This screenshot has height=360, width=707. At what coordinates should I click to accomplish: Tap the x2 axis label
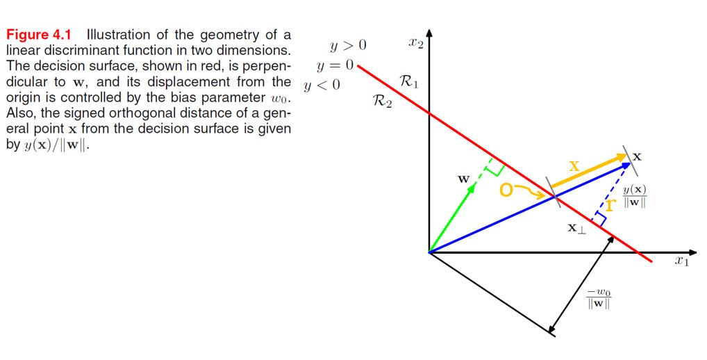(415, 44)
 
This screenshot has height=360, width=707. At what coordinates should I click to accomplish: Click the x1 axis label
(681, 262)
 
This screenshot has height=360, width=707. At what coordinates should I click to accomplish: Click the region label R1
(409, 83)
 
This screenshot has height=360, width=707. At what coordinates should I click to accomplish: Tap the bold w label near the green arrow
(464, 179)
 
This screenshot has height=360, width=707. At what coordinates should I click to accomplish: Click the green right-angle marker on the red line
(496, 167)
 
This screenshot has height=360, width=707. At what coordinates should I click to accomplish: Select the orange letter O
(507, 190)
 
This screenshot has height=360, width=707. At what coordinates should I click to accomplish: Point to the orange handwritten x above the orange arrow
(574, 166)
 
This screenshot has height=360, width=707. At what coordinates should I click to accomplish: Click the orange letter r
(610, 206)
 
